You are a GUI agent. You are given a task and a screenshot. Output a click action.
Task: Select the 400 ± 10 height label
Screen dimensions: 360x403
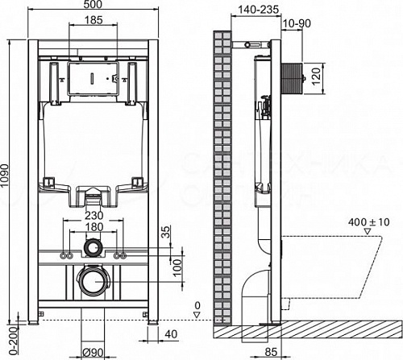344,220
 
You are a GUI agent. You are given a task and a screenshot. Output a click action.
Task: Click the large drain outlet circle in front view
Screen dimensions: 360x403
94,283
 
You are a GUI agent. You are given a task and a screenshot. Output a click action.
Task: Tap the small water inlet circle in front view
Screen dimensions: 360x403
95,246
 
